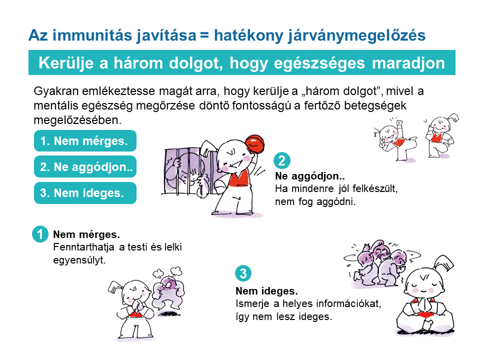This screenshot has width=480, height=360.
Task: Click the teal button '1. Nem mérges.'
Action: point(85,141)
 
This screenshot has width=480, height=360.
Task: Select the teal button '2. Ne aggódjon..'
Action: point(85,167)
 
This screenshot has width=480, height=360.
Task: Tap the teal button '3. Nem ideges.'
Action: point(85,193)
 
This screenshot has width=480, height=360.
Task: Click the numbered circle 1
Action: point(40,234)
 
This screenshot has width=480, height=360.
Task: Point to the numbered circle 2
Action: point(281,160)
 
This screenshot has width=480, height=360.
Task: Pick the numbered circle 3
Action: point(243,273)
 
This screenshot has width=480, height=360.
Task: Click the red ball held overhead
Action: point(254,144)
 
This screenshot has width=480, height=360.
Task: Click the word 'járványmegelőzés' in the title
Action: point(356,35)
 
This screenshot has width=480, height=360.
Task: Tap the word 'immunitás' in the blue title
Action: point(93,35)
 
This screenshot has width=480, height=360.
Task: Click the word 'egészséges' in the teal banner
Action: point(319,63)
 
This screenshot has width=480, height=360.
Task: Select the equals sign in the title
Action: point(204,35)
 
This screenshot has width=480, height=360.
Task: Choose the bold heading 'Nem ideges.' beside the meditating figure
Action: point(266,291)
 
